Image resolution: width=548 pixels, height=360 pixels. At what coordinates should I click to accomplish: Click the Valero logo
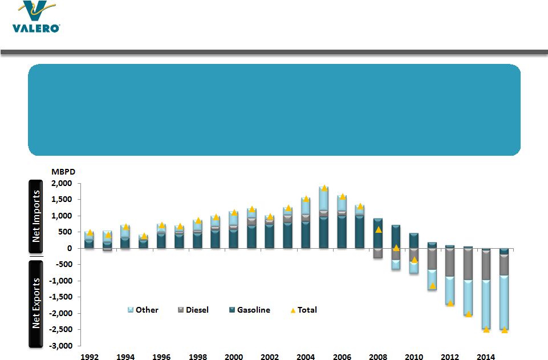pos(35,18)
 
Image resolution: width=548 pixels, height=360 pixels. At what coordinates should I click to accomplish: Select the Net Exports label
pos(36,302)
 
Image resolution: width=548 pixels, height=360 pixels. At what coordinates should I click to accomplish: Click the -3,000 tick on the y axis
pos(62,346)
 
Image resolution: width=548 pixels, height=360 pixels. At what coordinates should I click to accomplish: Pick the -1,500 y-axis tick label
pos(62,297)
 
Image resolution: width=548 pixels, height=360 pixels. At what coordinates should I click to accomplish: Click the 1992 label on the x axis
pos(90,357)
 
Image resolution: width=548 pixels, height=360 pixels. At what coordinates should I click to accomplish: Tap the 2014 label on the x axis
pos(486,357)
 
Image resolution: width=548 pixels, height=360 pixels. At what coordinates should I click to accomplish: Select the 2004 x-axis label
pos(306,357)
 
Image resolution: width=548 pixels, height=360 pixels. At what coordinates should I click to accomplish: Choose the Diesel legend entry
pos(193,310)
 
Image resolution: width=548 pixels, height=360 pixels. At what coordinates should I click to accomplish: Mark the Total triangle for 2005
pos(324,188)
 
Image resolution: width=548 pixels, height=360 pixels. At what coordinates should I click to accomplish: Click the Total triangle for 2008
pos(378,229)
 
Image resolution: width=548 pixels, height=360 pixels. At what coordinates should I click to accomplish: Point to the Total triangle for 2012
pos(450,303)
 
